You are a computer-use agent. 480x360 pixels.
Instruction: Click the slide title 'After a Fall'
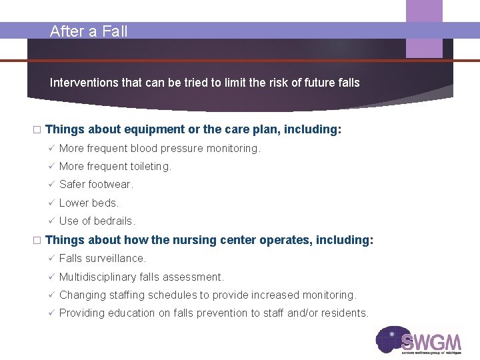(x=89, y=31)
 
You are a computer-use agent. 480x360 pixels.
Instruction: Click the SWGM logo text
(x=431, y=342)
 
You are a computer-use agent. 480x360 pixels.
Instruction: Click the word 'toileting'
(x=149, y=167)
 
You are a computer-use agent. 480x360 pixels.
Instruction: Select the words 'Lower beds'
(x=89, y=203)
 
